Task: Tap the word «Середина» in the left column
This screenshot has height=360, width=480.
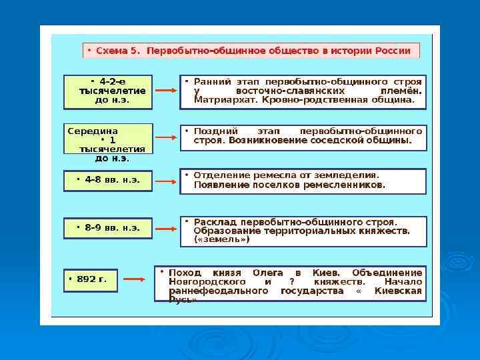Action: [x=93, y=131]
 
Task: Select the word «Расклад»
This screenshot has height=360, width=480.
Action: [x=215, y=222]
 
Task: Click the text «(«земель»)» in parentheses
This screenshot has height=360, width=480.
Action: [x=222, y=239]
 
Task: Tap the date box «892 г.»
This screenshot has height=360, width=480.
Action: [x=89, y=279]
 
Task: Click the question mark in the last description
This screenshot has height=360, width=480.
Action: [x=289, y=282]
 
